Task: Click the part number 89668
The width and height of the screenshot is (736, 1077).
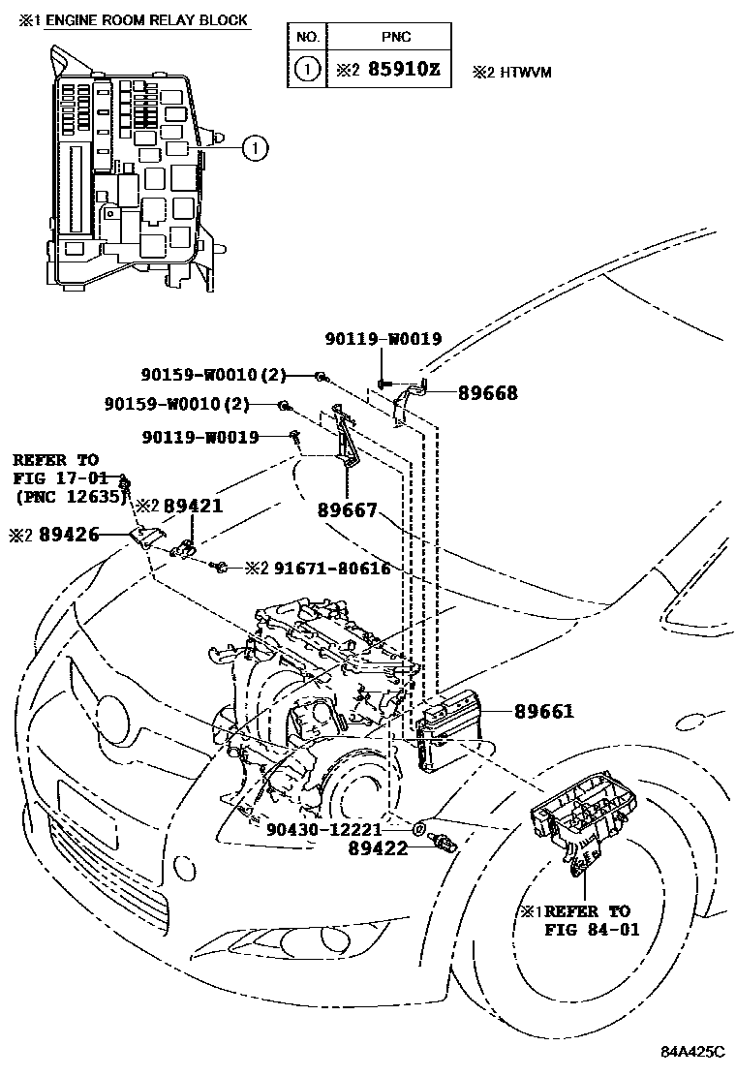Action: [487, 393]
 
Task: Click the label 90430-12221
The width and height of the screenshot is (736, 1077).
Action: [324, 829]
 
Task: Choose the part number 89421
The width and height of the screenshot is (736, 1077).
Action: [193, 507]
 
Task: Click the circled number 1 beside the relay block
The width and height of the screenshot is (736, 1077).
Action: [253, 148]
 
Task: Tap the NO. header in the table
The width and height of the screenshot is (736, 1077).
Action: [307, 37]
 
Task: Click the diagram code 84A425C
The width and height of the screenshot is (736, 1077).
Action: [691, 1052]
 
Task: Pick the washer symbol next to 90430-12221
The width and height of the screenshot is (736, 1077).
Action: [418, 828]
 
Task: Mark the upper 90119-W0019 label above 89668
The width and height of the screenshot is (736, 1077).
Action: [384, 339]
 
